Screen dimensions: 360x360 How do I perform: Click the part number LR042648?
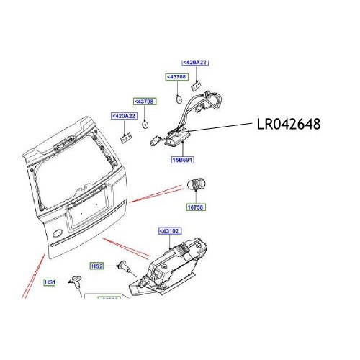[288, 125]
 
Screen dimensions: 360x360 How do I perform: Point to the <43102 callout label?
[169, 231]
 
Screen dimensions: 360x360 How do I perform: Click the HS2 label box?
[97, 266]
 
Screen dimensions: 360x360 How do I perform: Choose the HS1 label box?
[50, 282]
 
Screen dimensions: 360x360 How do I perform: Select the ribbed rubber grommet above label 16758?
[196, 184]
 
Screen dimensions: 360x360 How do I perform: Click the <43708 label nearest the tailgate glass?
[144, 102]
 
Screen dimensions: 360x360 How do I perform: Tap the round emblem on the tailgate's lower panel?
[56, 232]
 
